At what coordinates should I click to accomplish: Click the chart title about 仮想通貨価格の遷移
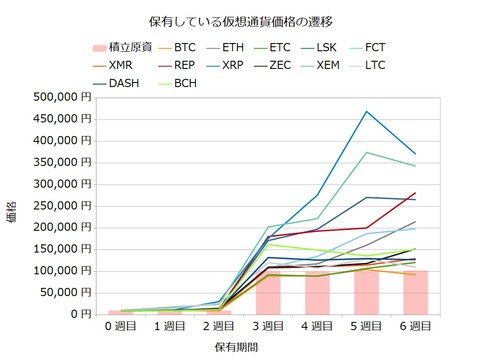[239, 20]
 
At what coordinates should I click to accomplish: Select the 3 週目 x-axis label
[268, 326]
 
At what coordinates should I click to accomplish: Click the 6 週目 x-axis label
[415, 326]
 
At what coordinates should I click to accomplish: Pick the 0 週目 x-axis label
[121, 326]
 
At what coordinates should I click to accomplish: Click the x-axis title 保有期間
[239, 346]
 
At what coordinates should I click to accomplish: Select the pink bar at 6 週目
[415, 291]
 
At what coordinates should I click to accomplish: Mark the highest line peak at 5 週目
[366, 111]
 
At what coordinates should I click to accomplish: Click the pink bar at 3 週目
[268, 291]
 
